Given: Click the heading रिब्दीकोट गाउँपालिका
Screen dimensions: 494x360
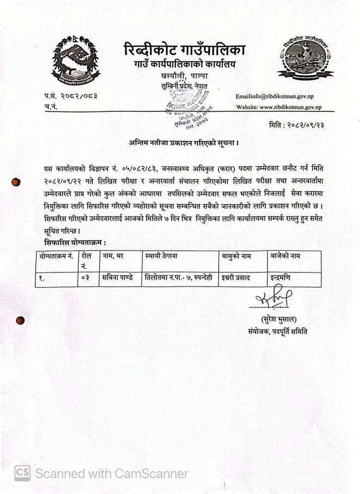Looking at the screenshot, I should pyautogui.click(x=184, y=50).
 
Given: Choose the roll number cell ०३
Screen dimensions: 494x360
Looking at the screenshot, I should pyautogui.click(x=85, y=278).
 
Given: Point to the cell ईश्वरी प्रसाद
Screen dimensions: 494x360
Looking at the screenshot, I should pyautogui.click(x=235, y=278).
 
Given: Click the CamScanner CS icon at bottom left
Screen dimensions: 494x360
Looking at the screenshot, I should pyautogui.click(x=22, y=473).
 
